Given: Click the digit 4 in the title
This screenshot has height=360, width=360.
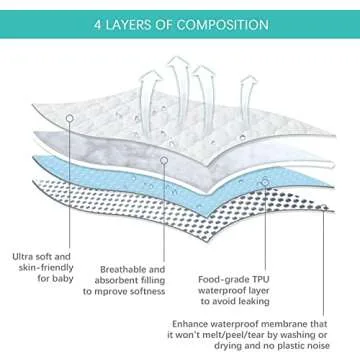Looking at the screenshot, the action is coord(98,21).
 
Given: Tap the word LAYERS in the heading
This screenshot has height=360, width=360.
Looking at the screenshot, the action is coord(136,21).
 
